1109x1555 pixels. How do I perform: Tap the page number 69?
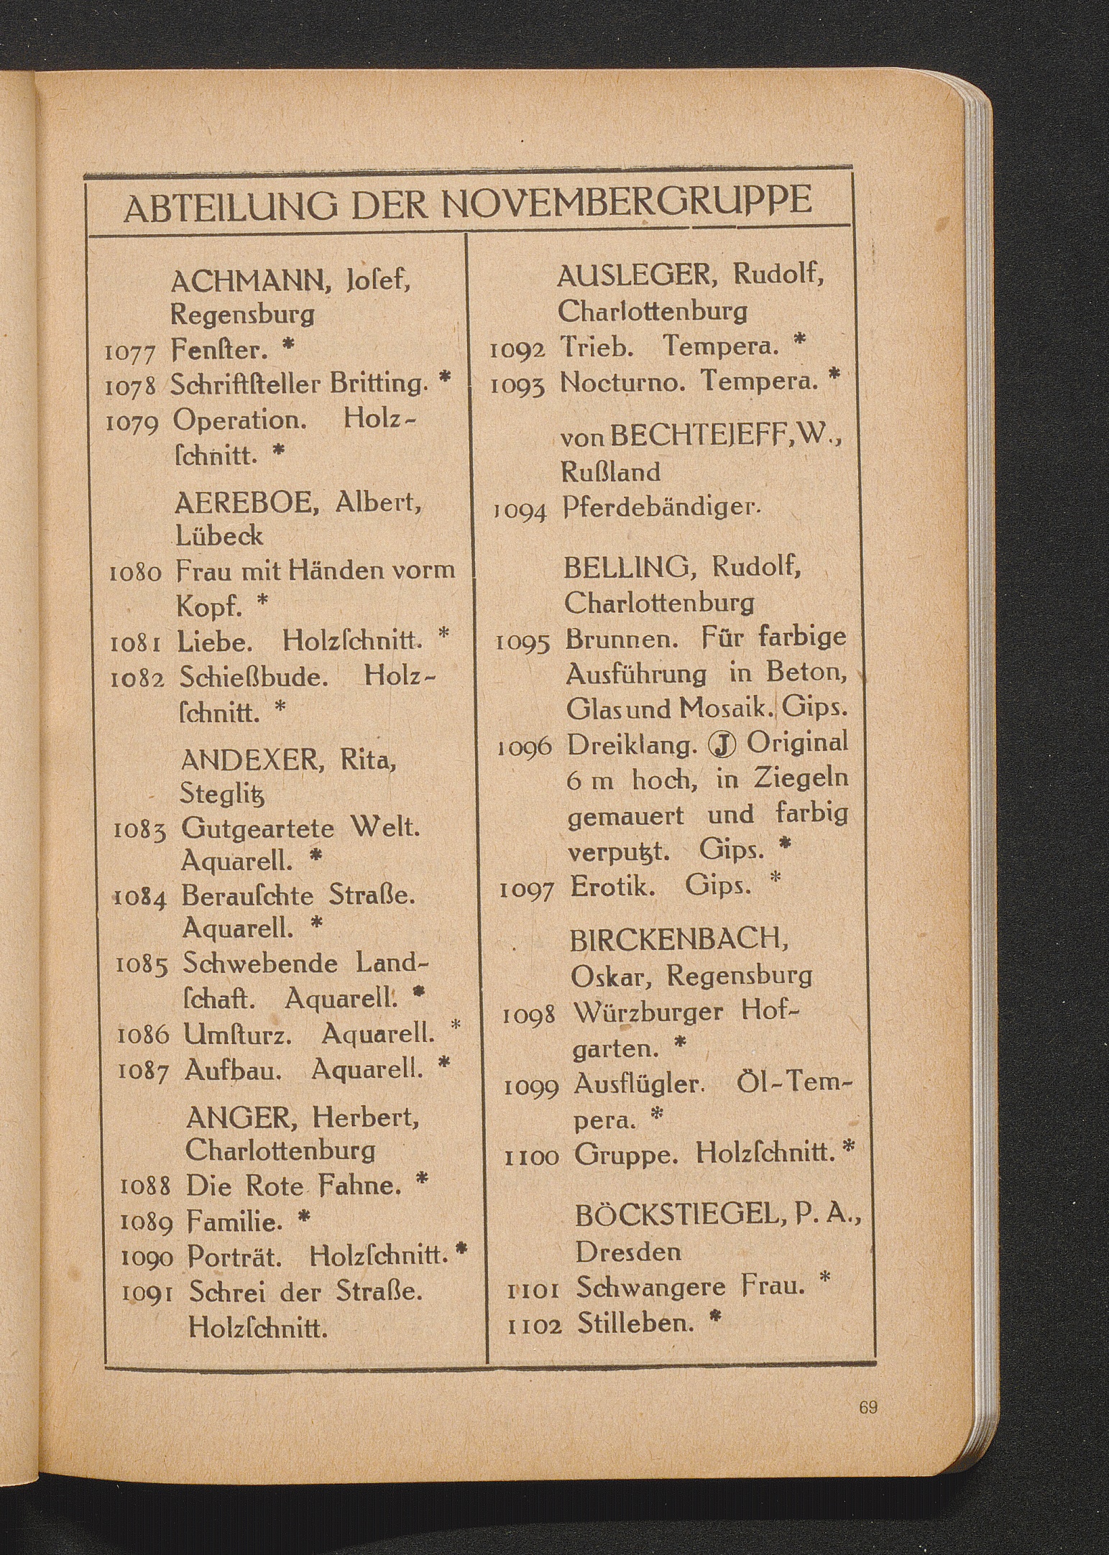[868, 1408]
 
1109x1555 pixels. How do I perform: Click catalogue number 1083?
[140, 831]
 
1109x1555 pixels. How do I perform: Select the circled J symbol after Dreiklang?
[722, 745]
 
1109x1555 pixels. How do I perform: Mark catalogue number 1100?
[532, 1157]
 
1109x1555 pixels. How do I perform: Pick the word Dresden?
[627, 1252]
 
